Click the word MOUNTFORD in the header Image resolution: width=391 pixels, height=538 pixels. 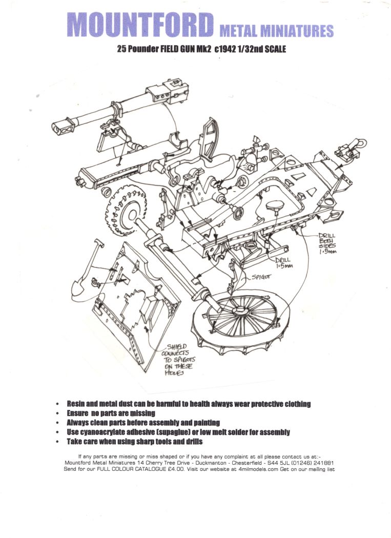coord(140,25)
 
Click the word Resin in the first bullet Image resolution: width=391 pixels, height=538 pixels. coord(77,404)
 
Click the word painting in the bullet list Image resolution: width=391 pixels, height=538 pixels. coord(203,423)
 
